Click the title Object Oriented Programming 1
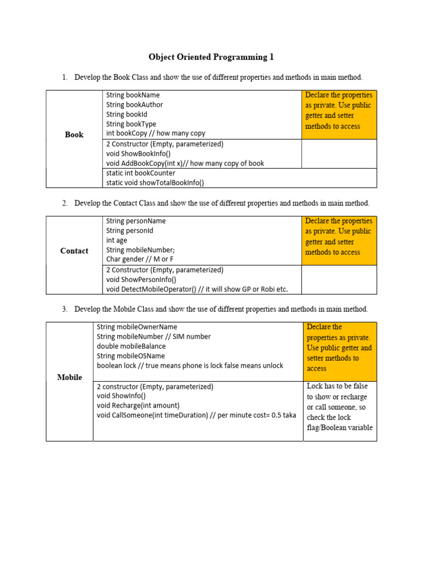211,57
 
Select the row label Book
74,134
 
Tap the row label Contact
74,251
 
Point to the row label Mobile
70,377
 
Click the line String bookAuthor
134,105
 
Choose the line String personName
136,221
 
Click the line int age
117,241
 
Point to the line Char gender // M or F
144,259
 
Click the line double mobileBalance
131,346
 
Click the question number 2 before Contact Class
64,203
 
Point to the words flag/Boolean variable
339,428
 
